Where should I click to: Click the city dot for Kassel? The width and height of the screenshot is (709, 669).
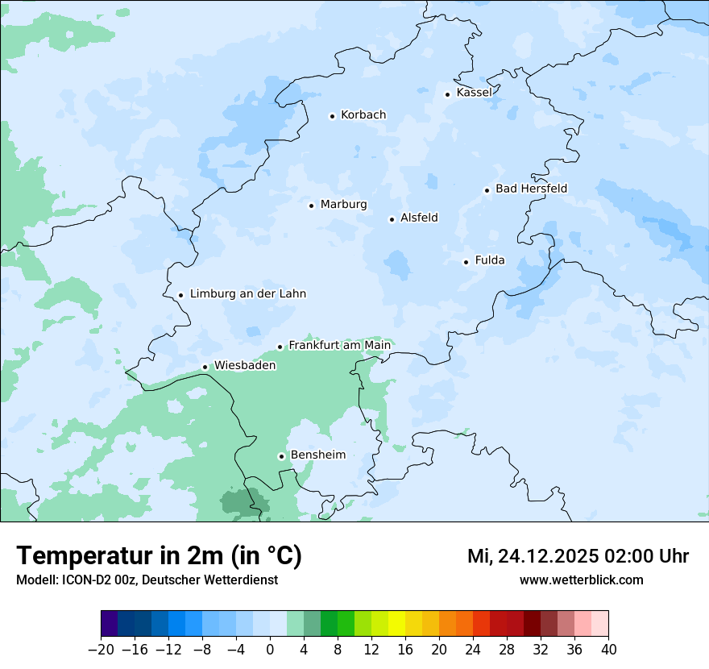point(447,94)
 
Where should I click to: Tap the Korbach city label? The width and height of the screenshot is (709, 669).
point(363,115)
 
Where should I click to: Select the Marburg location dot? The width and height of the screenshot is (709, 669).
point(311,206)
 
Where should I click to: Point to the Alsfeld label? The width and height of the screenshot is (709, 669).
point(419,218)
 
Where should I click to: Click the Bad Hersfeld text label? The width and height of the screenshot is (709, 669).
point(531,189)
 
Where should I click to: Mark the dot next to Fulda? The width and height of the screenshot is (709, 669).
point(466,262)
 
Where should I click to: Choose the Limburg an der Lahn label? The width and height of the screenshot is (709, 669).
point(248,294)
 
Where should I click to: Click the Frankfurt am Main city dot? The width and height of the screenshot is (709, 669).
point(280,347)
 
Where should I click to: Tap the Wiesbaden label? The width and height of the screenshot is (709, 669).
point(245,365)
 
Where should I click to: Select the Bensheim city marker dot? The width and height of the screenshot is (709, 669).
point(281,456)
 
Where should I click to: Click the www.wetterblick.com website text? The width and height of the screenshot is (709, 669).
point(581,580)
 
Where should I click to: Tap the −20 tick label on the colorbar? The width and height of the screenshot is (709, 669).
point(101,650)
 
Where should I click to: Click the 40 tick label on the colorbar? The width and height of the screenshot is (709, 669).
point(608,650)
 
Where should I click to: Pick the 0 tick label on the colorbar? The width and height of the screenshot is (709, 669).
point(270,650)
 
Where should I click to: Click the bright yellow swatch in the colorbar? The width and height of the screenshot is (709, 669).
point(396,624)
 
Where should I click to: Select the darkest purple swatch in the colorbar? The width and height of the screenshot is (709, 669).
point(110,624)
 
